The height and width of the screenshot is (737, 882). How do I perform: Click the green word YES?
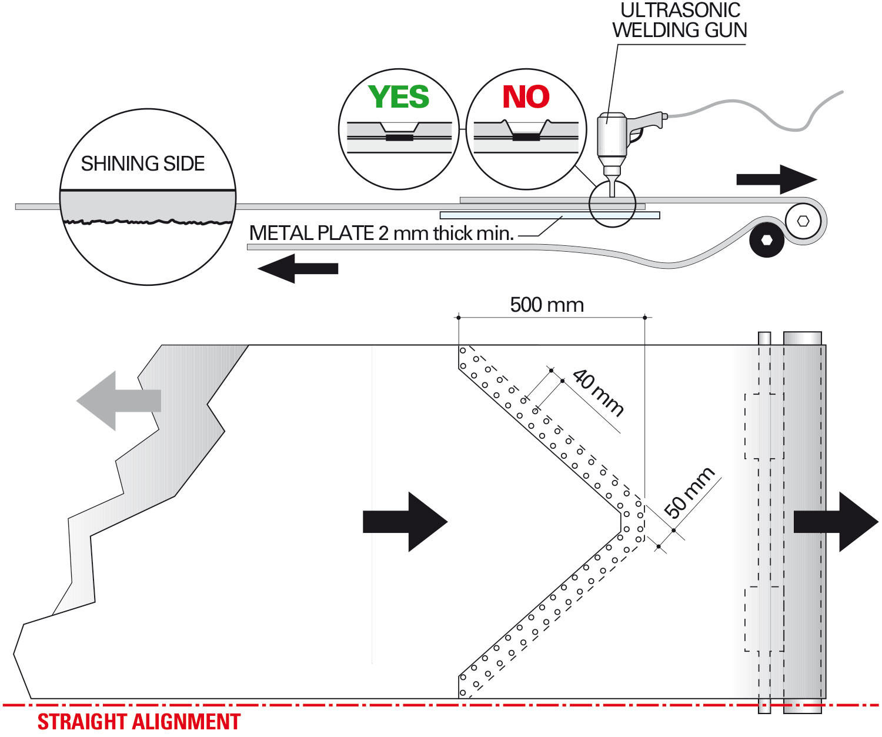(399, 97)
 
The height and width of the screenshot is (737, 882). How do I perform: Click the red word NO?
(526, 97)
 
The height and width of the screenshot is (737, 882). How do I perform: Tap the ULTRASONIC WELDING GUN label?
(680, 21)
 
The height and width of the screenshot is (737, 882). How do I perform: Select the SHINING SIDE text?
(143, 164)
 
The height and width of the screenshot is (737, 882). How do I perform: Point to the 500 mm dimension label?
(547, 305)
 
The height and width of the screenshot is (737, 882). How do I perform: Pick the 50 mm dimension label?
(689, 492)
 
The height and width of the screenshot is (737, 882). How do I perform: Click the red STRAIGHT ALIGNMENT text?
(139, 722)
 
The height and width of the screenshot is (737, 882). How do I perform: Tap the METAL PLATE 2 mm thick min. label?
(382, 234)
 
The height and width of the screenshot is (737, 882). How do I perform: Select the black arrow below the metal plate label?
(298, 269)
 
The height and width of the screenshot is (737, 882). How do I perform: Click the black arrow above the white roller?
(776, 179)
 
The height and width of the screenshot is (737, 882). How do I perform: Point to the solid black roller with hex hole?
(767, 240)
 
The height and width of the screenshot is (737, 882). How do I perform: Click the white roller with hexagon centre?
(803, 221)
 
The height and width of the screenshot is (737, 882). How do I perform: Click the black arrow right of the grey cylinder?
(836, 522)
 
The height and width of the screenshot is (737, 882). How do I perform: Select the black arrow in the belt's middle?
(405, 522)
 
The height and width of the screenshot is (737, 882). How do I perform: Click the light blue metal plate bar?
(549, 215)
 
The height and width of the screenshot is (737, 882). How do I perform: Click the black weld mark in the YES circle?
(399, 138)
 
